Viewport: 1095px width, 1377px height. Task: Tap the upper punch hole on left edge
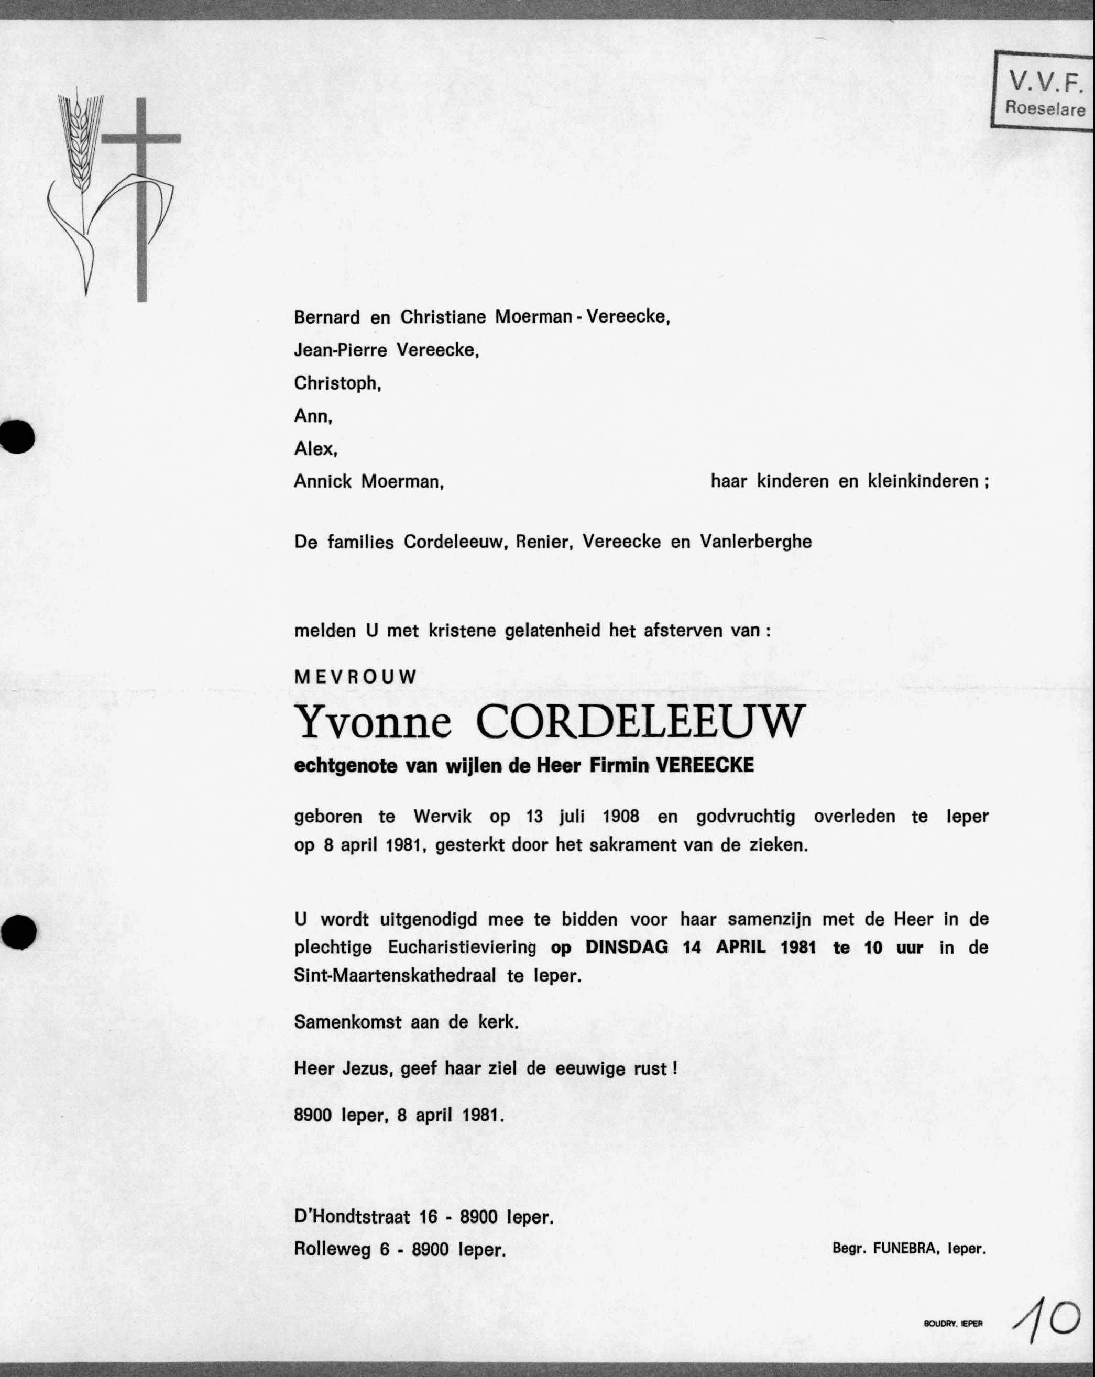click(17, 436)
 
